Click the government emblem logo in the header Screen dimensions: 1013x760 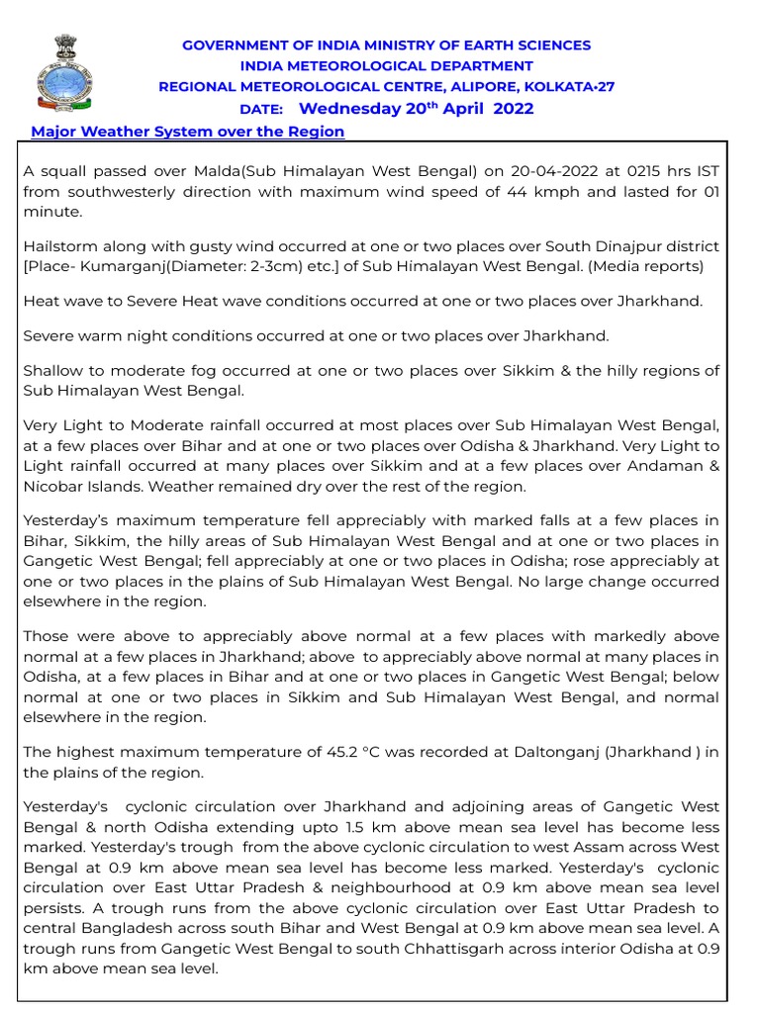coord(60,72)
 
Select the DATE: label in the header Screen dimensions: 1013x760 coord(261,110)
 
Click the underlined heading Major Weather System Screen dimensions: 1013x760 coord(188,132)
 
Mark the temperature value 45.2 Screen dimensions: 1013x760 coord(323,752)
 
